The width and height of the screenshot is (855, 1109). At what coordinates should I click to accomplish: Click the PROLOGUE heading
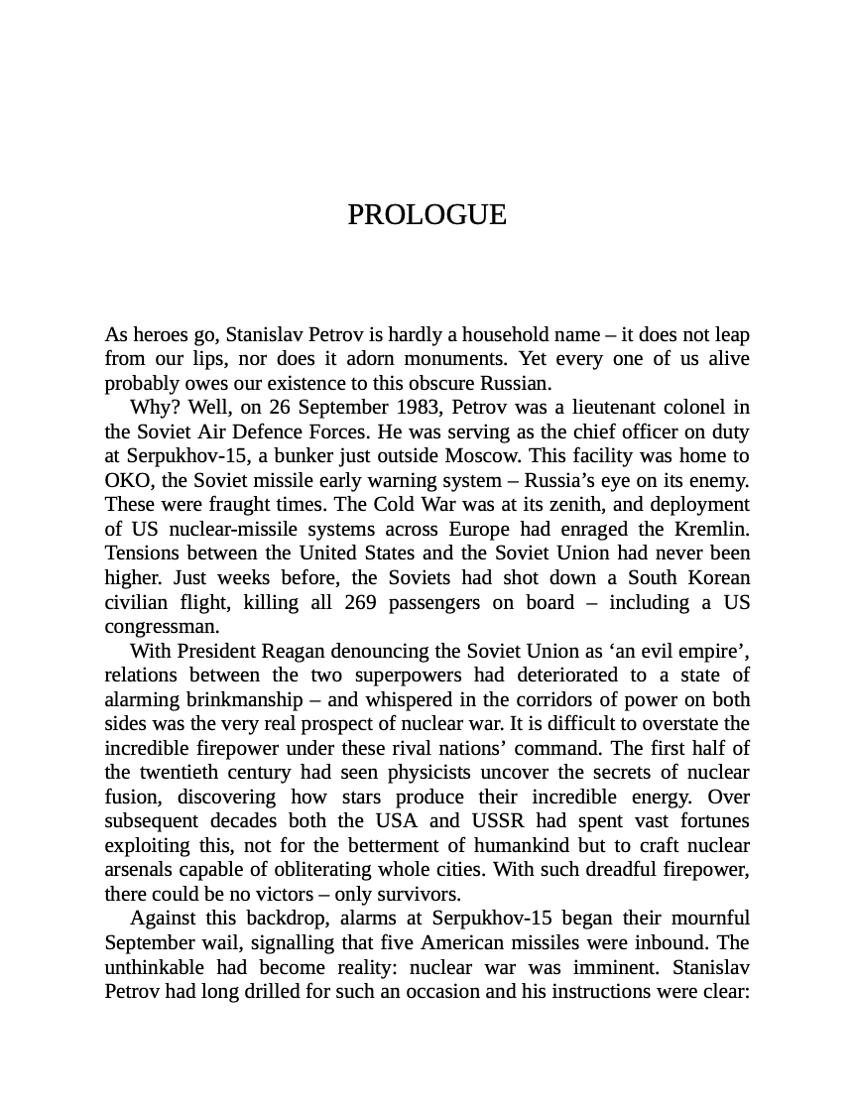tap(427, 215)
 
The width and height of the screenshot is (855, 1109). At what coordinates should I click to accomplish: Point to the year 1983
tap(419, 407)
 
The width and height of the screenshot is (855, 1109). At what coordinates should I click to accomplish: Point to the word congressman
tap(160, 627)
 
